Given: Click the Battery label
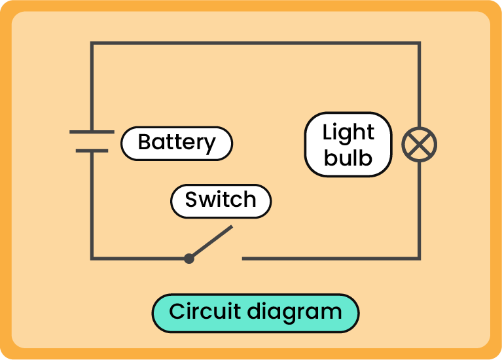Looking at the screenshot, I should [177, 143].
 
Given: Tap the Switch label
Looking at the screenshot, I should [221, 200].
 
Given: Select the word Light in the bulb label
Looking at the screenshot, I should [348, 132].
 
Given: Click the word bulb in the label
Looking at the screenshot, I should [348, 158].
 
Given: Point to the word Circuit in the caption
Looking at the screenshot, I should [203, 312].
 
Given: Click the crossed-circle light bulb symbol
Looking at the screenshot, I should [419, 145].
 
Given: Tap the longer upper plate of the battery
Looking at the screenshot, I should [92, 132].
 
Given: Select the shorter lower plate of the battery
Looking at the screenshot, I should [92, 151].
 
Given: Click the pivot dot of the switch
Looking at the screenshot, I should [189, 259].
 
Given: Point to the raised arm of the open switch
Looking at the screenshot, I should [211, 242].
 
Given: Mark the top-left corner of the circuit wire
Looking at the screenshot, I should [92, 44].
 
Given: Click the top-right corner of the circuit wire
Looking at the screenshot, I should [419, 44].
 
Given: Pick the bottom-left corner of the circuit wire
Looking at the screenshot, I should [92, 259].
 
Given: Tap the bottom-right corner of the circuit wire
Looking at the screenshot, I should [419, 259].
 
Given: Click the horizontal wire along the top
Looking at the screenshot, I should [255, 44].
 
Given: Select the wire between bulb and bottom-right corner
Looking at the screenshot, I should [419, 209].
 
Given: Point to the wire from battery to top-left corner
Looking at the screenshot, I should [92, 85].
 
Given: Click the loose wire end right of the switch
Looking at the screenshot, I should [244, 259].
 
